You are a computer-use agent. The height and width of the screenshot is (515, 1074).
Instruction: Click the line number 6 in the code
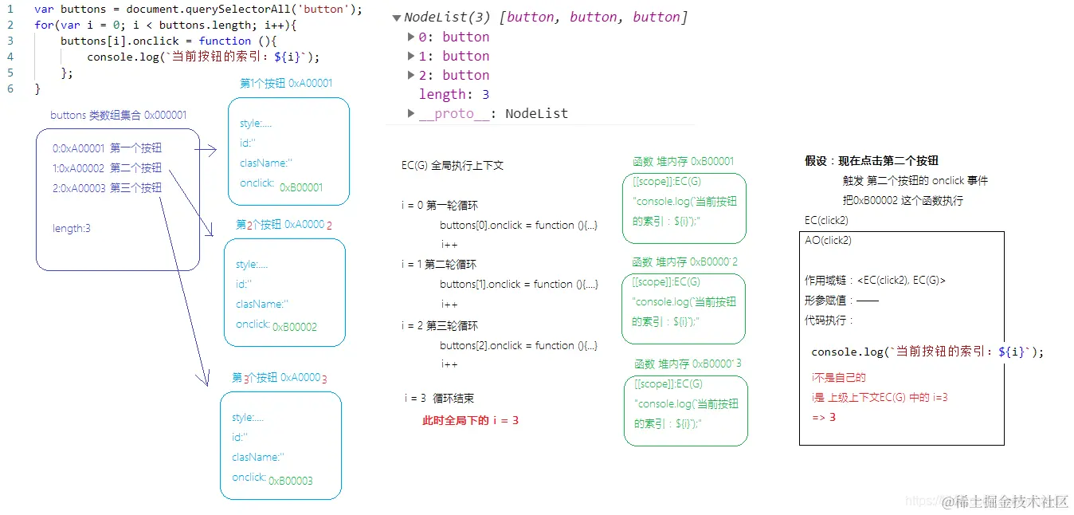coord(10,88)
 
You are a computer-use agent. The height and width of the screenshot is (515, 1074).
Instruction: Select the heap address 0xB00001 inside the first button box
coord(301,187)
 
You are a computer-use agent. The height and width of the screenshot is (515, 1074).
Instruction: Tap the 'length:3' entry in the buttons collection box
coord(72,229)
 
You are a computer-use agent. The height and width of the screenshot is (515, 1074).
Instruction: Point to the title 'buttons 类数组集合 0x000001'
coord(119,116)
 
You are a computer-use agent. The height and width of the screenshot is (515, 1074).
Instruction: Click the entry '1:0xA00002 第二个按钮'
coord(107,168)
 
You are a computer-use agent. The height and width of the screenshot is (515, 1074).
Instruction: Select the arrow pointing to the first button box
coord(206,149)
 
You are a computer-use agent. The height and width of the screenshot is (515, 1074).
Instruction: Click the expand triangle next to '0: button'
coord(411,37)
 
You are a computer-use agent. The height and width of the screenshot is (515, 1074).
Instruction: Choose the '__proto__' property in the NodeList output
coord(446,113)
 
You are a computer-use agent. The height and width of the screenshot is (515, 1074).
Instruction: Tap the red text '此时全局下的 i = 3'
coord(470,420)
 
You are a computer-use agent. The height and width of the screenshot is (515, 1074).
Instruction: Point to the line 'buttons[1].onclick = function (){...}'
coord(519,285)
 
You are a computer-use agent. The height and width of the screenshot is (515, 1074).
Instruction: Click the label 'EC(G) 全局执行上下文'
coord(453,166)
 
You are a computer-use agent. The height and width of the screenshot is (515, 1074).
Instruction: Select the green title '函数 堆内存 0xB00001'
coord(683,161)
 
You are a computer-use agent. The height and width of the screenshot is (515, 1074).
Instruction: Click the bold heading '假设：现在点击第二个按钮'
coord(872,161)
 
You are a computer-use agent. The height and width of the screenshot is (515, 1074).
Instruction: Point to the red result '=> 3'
coord(824,417)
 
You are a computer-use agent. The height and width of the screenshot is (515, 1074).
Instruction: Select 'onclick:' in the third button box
coord(249,478)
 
